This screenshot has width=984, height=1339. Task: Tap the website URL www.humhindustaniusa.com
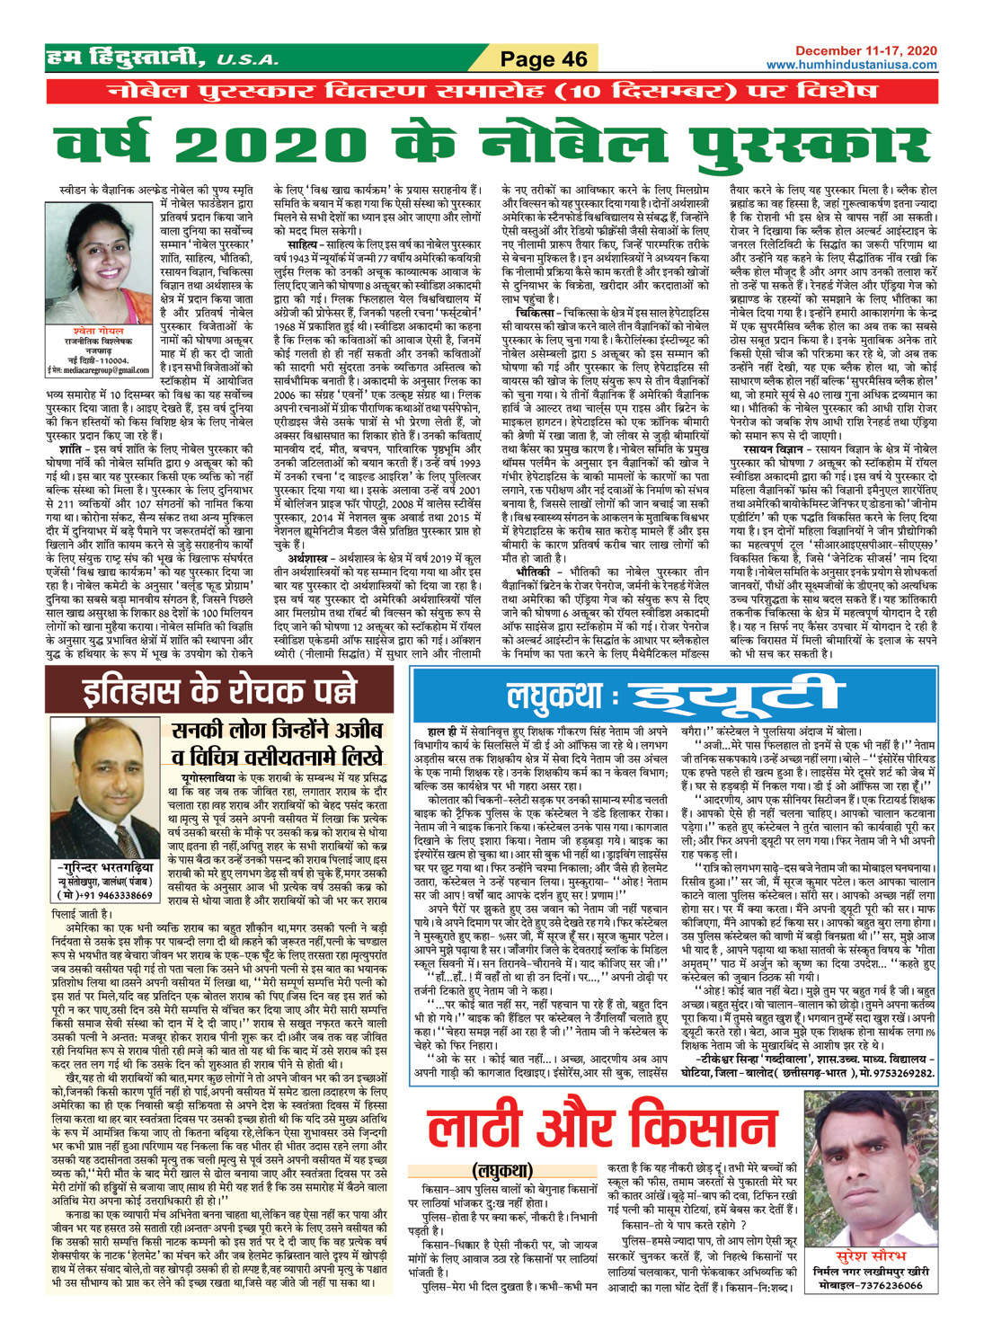pyautogui.click(x=851, y=65)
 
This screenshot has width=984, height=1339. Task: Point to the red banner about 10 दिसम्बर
pyautogui.click(x=492, y=91)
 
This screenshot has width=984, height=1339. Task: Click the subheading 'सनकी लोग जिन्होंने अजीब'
pyautogui.click(x=278, y=730)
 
